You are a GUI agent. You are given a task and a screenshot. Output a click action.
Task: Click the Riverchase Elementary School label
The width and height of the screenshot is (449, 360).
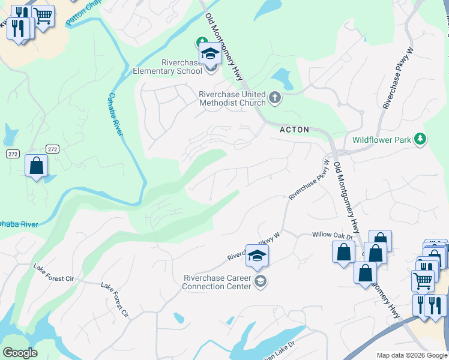coord(181,67)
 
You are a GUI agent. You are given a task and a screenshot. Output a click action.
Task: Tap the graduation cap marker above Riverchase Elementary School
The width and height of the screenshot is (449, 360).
coord(210,54)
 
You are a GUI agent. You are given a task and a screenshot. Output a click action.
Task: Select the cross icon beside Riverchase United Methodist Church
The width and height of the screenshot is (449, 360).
coord(275,98)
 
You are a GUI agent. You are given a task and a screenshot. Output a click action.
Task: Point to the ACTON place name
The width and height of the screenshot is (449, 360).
coord(294,130)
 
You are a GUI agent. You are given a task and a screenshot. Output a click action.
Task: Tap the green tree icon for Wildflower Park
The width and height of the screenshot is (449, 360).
coord(420,139)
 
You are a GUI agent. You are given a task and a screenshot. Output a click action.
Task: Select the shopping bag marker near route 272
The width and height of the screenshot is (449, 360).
coord(36,165)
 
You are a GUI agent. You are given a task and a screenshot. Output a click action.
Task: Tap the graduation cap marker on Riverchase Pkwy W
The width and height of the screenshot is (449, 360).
coord(257,255)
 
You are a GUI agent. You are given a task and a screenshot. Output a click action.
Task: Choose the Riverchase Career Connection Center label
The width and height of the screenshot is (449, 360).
coord(217,282)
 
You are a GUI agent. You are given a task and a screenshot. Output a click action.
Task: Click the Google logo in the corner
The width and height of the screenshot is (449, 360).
coord(19,353)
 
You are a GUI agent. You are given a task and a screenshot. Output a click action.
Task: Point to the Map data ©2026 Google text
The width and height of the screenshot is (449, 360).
coord(412,355)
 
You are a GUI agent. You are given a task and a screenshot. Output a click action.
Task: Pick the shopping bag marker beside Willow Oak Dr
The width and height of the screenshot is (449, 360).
coord(343,251)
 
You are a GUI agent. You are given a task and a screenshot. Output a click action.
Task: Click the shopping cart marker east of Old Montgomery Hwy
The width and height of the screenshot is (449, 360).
coord(423,280)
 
